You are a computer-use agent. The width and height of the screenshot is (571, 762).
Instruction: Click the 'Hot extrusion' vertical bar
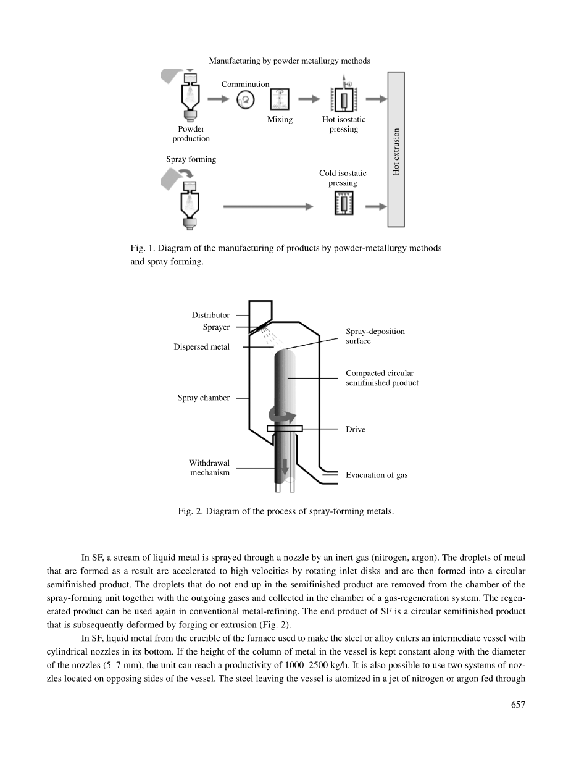396,149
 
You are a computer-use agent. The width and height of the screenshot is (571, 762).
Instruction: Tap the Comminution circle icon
246,99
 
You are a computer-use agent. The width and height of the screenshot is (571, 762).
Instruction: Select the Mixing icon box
280,99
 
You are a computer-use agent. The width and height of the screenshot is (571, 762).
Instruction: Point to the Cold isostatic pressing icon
343,203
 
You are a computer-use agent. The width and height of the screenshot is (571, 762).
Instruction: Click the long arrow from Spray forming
268,206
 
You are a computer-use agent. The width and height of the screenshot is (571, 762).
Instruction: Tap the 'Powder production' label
191,134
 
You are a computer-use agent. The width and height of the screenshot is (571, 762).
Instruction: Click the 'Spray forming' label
191,159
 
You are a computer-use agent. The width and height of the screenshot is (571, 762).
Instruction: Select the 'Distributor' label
210,315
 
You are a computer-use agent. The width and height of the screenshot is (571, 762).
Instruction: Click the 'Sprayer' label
216,327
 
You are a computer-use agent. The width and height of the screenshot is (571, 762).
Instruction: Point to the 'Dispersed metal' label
202,347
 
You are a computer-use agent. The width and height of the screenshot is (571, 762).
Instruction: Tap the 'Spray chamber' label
204,398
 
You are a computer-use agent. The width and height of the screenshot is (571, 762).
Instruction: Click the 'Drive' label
356,429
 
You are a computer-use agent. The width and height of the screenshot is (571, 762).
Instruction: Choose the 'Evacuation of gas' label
377,475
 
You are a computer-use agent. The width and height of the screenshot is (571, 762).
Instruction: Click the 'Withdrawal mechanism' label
209,468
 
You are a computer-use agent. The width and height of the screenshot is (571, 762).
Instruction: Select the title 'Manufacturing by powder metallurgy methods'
290,61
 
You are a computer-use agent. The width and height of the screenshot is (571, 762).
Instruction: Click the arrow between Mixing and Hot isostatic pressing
309,99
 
